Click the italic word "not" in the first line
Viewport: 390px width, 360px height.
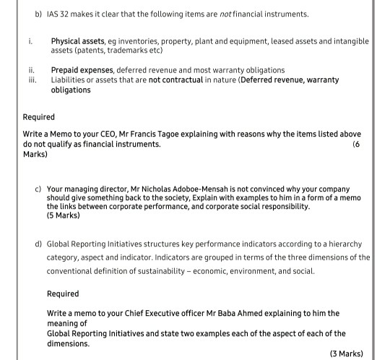[225, 14]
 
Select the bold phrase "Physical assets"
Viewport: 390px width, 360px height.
[79, 42]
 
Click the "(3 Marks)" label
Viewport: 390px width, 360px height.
[345, 353]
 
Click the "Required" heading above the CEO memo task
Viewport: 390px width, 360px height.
[39, 116]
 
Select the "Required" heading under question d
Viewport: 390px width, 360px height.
[63, 294]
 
